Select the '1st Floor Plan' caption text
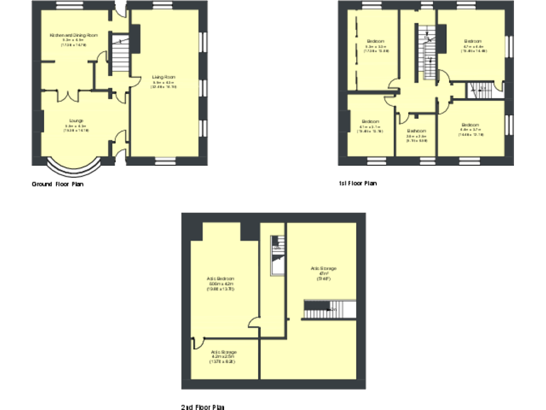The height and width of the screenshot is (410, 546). [358, 184]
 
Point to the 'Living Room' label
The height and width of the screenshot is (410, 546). [164, 76]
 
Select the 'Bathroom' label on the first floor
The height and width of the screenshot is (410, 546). [417, 131]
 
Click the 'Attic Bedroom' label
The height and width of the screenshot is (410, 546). [220, 278]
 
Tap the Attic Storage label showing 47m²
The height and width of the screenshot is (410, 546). [323, 268]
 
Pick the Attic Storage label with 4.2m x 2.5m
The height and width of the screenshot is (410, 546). [223, 352]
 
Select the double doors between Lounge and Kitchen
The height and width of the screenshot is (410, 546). [68, 95]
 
